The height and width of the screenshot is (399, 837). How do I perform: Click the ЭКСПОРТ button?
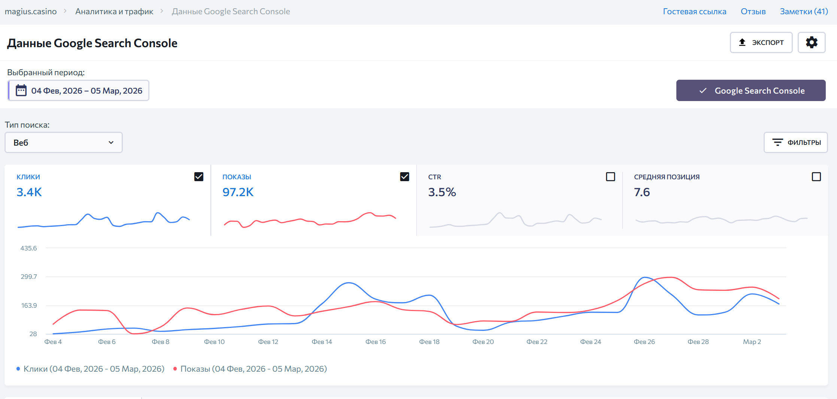point(761,43)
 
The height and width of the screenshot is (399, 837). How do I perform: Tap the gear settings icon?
point(812,43)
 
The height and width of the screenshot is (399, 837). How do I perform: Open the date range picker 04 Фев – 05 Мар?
point(79,91)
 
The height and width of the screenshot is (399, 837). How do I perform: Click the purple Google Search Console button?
point(750,91)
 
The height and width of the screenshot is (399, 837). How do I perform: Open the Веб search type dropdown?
point(64,143)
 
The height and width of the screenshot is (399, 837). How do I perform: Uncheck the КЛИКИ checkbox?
point(199,177)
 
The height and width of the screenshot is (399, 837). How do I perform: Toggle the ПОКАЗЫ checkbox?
point(404,177)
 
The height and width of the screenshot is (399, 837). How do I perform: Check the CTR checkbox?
point(610,177)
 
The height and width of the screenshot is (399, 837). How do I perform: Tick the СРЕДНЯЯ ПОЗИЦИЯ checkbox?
point(816,177)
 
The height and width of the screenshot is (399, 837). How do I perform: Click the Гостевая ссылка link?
point(694,12)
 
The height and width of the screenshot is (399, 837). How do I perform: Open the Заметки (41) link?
point(804,12)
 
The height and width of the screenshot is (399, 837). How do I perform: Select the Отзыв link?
point(753,12)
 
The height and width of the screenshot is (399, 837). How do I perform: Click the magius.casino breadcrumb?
point(31,12)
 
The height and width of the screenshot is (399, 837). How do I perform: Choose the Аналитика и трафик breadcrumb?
point(114,12)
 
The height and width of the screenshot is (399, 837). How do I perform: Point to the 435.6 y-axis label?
point(28,248)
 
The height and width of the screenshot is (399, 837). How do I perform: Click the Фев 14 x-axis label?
point(322,342)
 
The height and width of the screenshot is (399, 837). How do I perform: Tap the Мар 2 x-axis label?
point(752,342)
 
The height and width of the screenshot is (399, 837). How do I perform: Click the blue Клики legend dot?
point(18,369)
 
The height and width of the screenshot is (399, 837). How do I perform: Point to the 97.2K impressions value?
point(238,192)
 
